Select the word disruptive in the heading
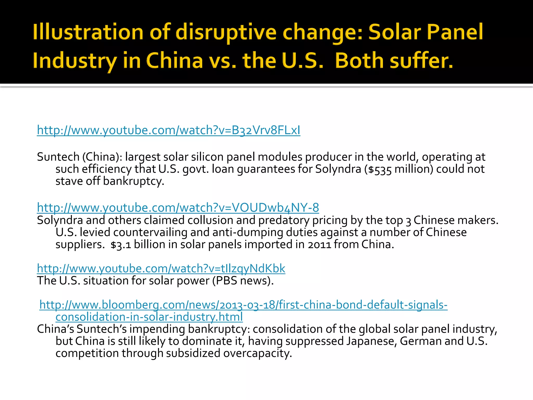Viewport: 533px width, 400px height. click(x=226, y=33)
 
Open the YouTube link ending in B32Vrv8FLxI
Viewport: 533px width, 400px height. click(x=168, y=130)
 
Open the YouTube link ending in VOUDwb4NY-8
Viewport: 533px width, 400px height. click(x=178, y=208)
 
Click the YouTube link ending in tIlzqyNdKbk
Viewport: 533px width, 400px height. click(x=161, y=268)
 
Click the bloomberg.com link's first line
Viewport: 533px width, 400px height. click(x=243, y=305)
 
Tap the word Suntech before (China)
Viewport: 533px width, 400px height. click(x=58, y=157)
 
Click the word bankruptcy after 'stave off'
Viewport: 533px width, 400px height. click(x=133, y=181)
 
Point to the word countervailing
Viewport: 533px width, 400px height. click(x=150, y=233)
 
